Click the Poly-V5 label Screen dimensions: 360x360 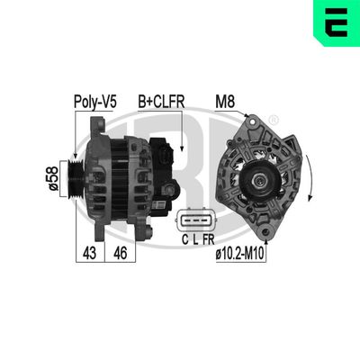pyautogui.click(x=94, y=103)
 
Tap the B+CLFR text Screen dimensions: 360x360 pyautogui.click(x=161, y=103)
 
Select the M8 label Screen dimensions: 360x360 pyautogui.click(x=226, y=103)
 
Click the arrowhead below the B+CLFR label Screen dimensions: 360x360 pyautogui.click(x=182, y=145)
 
